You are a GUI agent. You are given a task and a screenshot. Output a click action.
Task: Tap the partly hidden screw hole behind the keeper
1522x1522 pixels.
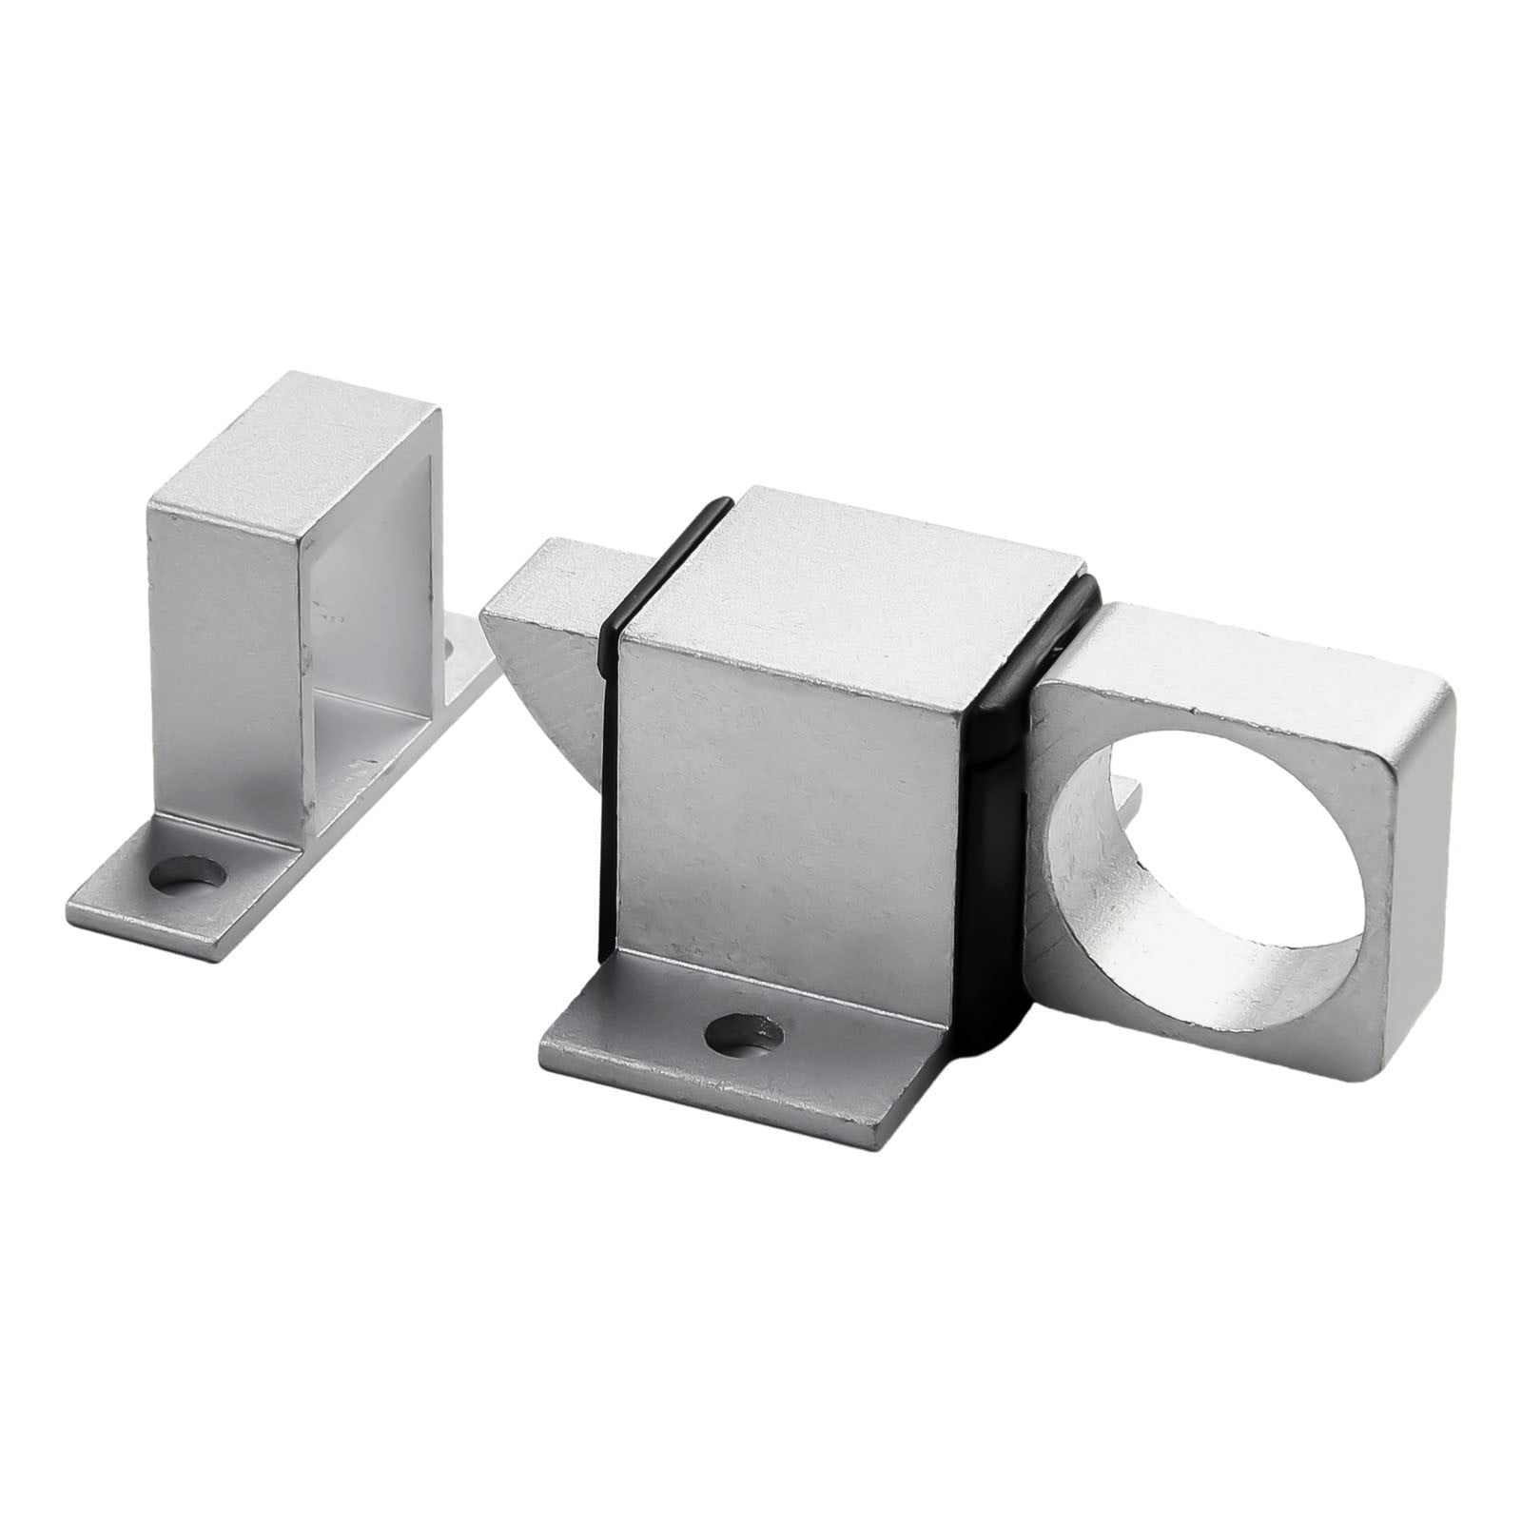click(450, 647)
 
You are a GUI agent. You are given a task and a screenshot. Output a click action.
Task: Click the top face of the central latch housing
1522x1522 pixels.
click(856, 561)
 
